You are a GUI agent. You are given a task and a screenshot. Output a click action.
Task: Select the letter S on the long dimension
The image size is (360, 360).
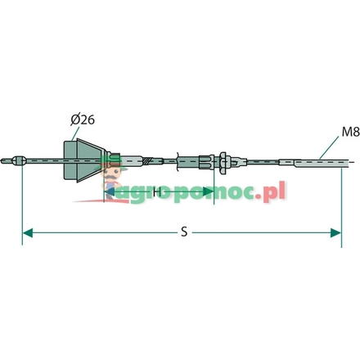point(185,232)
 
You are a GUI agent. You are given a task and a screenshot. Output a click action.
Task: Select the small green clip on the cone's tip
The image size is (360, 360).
point(119,160)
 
